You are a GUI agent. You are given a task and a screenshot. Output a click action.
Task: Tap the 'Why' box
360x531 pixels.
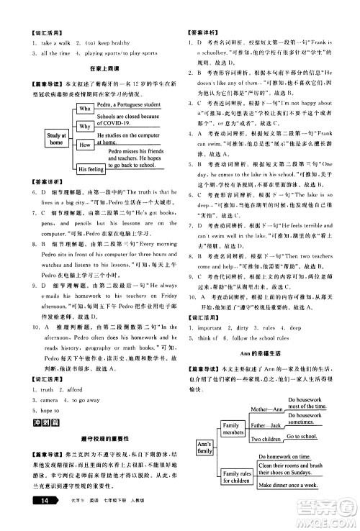pos(85,126)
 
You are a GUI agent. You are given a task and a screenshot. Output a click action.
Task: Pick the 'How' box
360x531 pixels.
pos(85,145)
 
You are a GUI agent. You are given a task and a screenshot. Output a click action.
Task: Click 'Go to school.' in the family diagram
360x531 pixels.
pos(305,437)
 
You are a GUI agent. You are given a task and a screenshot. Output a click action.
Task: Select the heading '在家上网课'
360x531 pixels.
pos(98,67)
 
